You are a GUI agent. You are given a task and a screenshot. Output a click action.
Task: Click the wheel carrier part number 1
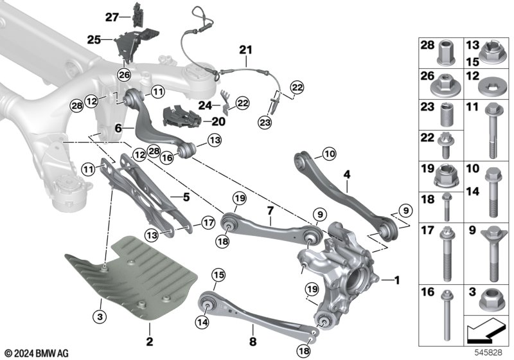coord(397,280)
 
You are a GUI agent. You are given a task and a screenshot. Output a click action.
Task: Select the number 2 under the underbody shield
coord(149,340)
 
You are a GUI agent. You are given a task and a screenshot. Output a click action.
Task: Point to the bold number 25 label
coord(94,40)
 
